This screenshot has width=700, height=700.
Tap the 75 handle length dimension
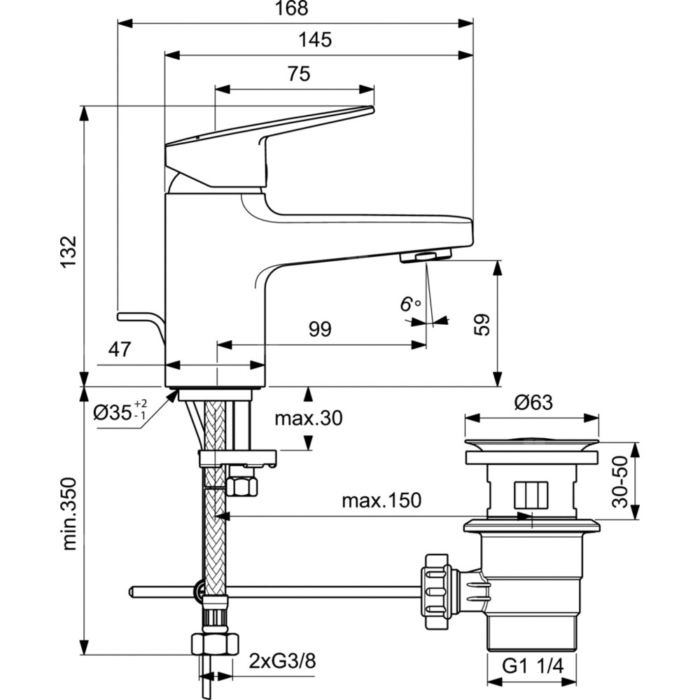tap(298, 74)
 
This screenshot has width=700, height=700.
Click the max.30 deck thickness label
tap(308, 419)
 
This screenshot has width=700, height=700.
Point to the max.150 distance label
tap(381, 500)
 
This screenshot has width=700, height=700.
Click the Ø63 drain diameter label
tap(533, 402)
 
